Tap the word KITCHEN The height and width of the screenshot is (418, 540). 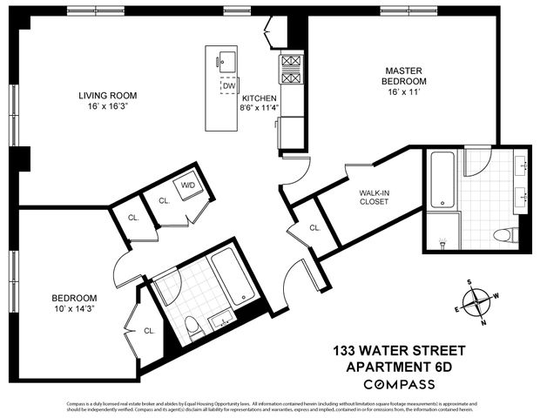(x=260, y=98)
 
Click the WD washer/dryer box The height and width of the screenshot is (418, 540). (x=188, y=185)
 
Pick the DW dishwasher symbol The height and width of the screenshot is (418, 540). (x=228, y=86)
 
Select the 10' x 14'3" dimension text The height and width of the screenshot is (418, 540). (x=74, y=311)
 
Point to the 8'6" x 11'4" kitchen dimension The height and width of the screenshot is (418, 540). (x=260, y=110)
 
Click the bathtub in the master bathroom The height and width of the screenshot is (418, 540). (x=442, y=180)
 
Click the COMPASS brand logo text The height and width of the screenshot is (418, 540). (x=399, y=383)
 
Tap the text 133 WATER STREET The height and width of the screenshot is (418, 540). (x=399, y=351)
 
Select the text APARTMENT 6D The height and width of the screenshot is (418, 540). (x=399, y=367)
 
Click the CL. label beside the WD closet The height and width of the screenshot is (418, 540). (x=163, y=200)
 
